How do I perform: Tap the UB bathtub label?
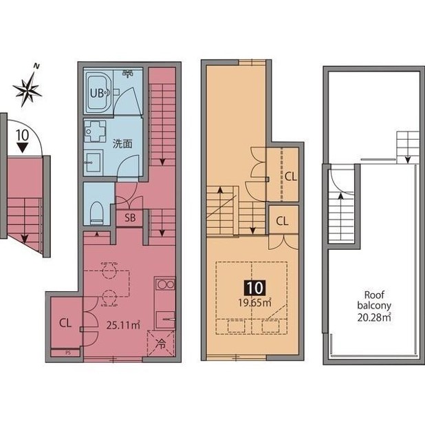tap(97, 94)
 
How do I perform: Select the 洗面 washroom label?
tap(122, 144)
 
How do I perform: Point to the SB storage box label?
tap(130, 218)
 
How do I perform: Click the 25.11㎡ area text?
tap(123, 325)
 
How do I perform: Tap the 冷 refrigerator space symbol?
tap(161, 344)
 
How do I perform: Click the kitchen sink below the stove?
tap(165, 320)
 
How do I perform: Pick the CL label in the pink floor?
tap(65, 323)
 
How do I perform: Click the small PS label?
tap(68, 353)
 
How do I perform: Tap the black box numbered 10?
tap(255, 288)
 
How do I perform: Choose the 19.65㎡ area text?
tap(254, 302)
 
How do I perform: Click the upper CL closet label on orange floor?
tap(291, 177)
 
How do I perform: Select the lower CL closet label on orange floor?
tap(282, 221)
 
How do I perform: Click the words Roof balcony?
tap(374, 300)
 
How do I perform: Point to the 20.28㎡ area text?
tap(374, 317)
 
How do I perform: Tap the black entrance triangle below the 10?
tap(22, 148)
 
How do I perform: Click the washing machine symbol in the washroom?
tap(95, 131)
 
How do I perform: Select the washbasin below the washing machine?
tap(94, 162)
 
